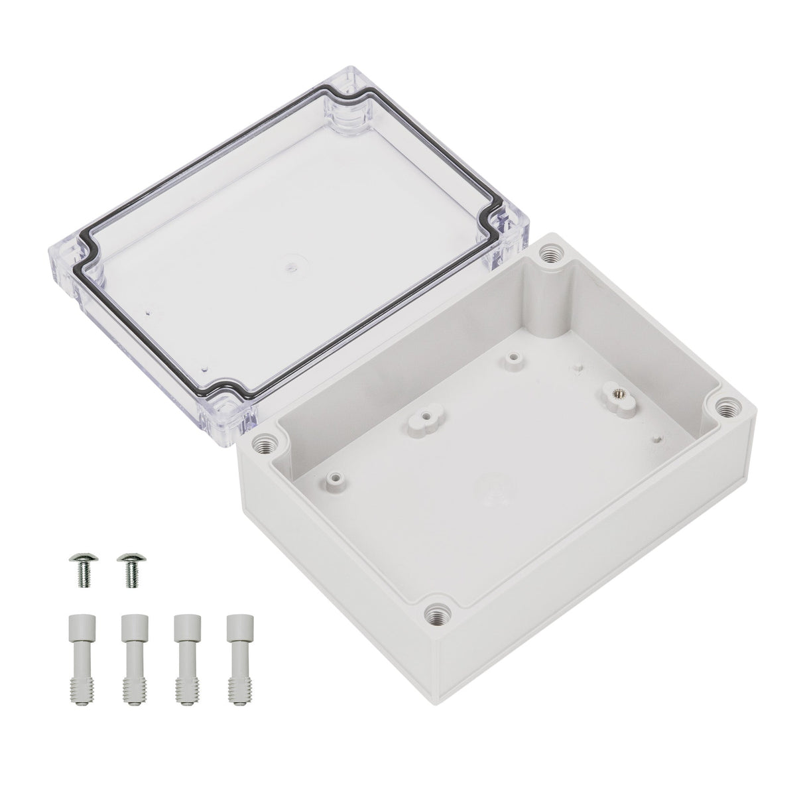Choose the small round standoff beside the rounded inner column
pos(511,359)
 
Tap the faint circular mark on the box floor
pos(489,488)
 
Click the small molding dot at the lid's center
pos(290,268)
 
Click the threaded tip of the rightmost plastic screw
pos(235,664)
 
